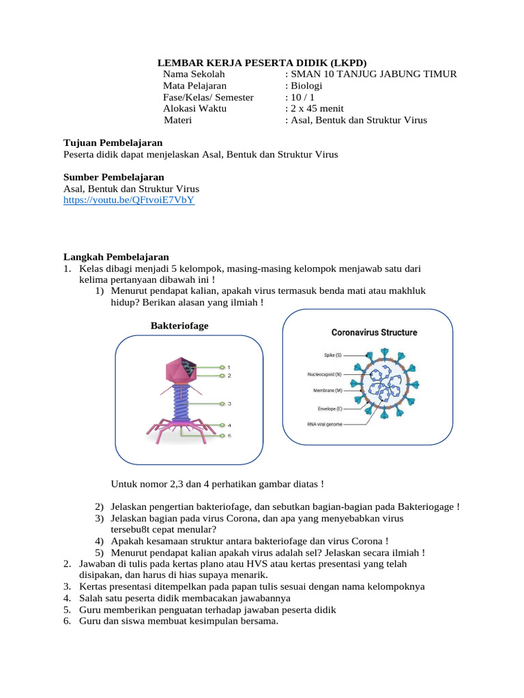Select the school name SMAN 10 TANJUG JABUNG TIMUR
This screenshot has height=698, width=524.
[373, 74]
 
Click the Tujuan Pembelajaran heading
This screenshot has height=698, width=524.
[113, 143]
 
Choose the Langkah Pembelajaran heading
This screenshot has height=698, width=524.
[116, 257]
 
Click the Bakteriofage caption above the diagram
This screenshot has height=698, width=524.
[179, 326]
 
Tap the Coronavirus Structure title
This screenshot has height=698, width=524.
[375, 333]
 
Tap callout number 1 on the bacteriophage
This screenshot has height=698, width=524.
[229, 367]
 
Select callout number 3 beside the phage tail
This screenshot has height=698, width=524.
[229, 404]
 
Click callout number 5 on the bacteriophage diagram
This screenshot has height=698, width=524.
[229, 436]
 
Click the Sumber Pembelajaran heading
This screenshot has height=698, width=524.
[114, 177]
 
